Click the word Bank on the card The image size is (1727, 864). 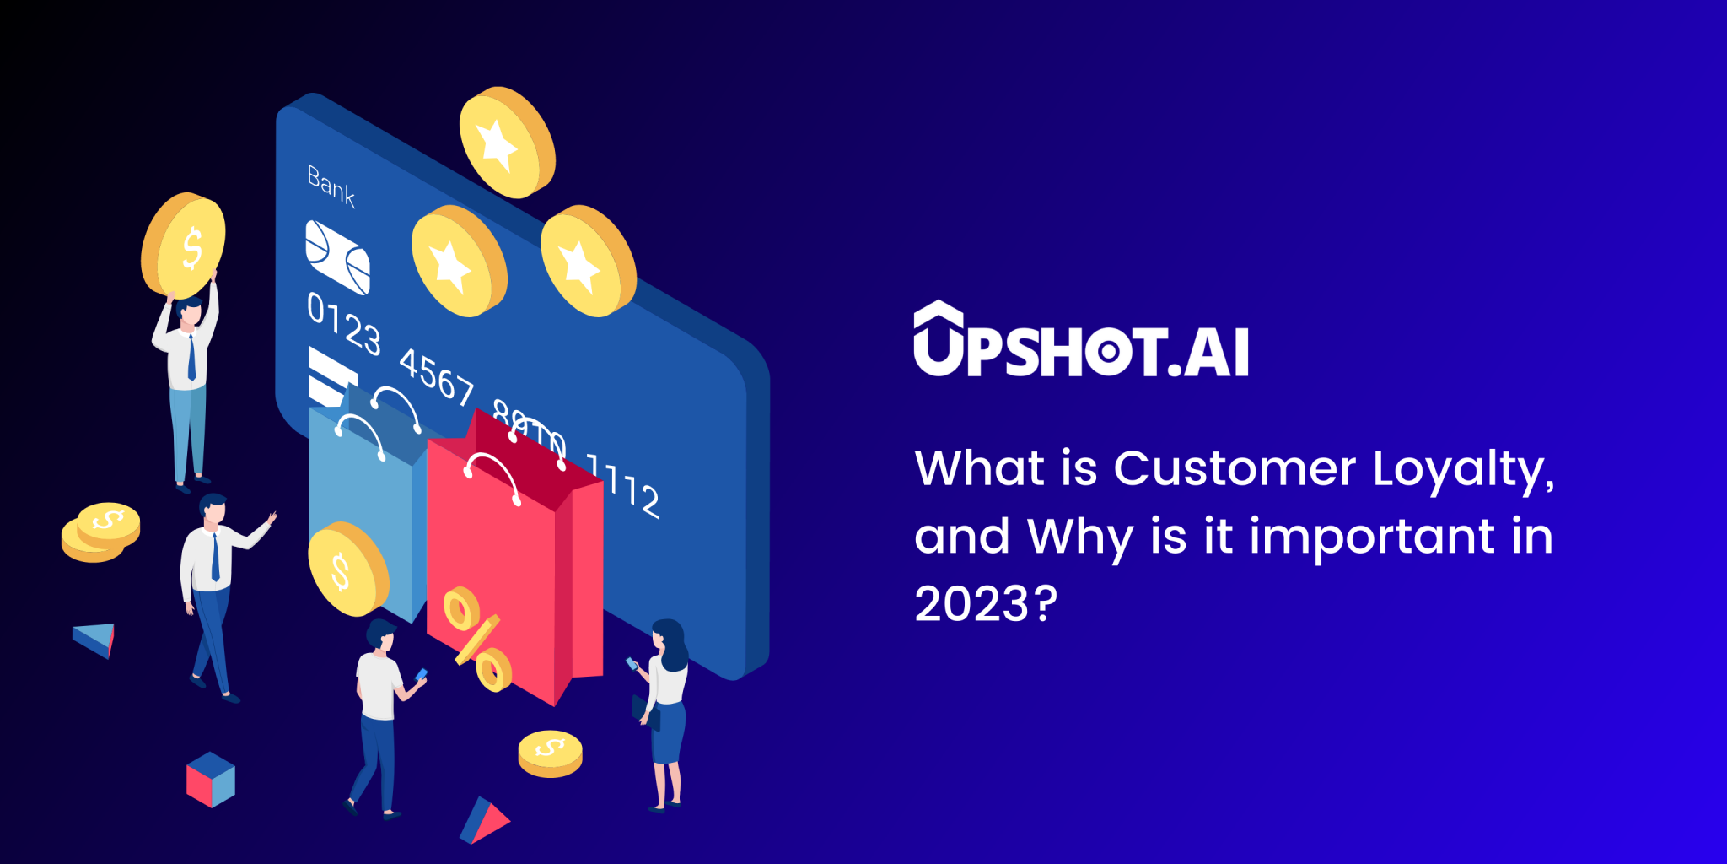point(331,186)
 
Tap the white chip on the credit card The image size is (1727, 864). point(337,257)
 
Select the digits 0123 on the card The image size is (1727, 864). point(343,324)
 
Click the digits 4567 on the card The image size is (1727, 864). point(436,375)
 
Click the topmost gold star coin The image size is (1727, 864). point(506,142)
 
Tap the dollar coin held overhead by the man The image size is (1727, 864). point(184,246)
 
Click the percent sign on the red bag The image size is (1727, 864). point(477,639)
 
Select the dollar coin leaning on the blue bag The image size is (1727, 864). point(347,570)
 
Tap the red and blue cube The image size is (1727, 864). point(211,780)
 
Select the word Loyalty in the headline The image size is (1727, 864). point(1463,469)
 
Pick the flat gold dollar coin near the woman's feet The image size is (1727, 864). point(550,753)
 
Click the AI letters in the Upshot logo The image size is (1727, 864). point(1215,352)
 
